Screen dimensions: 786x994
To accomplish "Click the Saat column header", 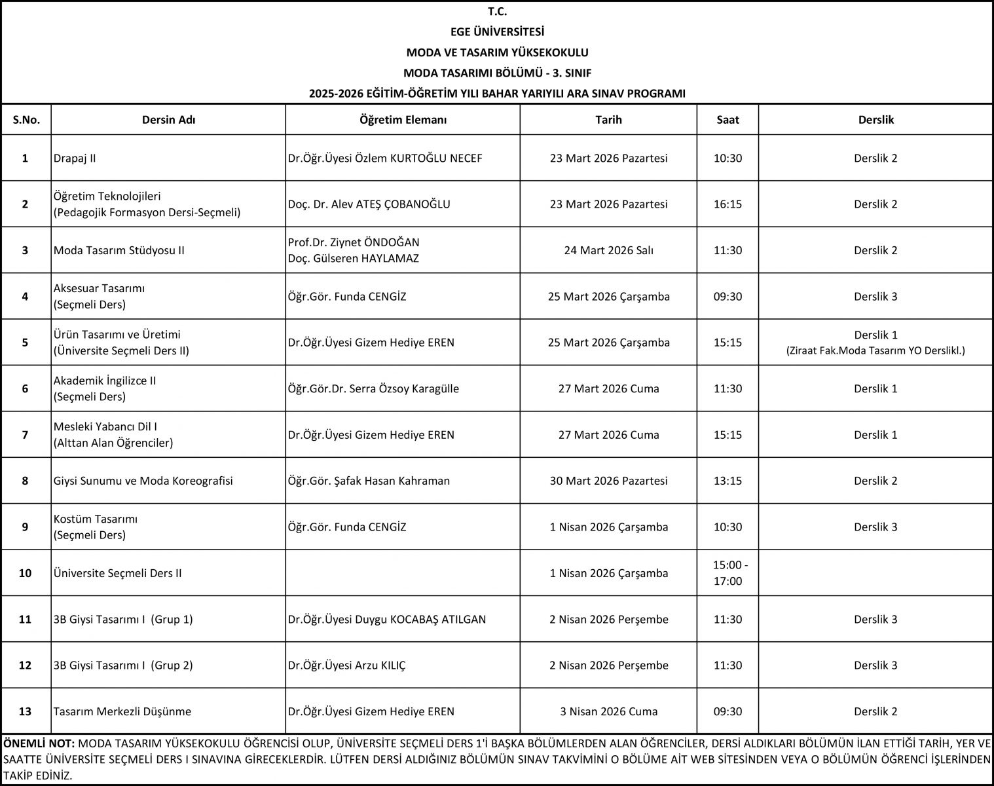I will point(727,120).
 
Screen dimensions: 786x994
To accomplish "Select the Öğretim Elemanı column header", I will point(403,120).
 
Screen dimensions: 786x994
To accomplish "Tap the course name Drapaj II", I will point(75,159).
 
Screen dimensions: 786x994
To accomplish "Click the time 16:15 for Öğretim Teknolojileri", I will point(727,204).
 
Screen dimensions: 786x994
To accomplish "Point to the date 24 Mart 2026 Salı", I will point(608,250).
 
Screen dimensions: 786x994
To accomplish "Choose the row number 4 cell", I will point(26,296).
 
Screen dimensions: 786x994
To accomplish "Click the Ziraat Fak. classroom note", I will point(875,351).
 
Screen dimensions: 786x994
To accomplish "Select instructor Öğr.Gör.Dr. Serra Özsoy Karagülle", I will point(373,388).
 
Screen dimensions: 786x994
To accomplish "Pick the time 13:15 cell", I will point(727,481).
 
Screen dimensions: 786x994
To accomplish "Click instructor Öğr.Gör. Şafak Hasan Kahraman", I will point(369,481).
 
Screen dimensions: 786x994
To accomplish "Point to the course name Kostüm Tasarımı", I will point(96,519).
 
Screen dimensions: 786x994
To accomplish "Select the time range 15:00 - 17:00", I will point(727,573).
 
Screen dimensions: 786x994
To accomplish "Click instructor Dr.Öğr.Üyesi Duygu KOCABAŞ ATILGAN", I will point(387,619).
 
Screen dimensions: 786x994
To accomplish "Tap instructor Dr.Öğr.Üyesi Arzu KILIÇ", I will point(347,665).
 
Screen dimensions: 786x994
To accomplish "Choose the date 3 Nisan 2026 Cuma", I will point(608,711).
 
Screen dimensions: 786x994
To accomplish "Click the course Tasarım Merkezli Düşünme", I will point(122,711).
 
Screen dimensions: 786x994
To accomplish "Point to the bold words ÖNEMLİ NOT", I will point(39,744).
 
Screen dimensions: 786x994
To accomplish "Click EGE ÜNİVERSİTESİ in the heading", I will point(497,31).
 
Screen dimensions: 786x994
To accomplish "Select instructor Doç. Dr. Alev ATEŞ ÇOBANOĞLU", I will point(369,204).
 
